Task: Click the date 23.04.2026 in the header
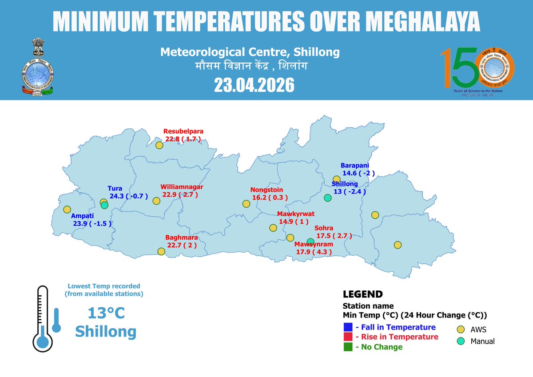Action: coord(254,85)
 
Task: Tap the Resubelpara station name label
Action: coord(183,131)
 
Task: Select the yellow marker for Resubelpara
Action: coord(159,145)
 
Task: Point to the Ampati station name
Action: coord(82,216)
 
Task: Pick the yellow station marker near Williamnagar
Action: coord(156,201)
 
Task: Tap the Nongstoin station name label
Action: coord(266,190)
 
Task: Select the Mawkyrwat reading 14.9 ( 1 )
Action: coord(293,222)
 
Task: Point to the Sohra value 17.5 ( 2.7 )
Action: coord(334,236)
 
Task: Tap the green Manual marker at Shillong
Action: coord(327,198)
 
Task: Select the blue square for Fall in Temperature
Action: coord(348,327)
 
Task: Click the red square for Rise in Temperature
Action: coord(348,337)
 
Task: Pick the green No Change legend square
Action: coord(348,347)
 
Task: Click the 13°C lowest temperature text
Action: coord(106,313)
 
